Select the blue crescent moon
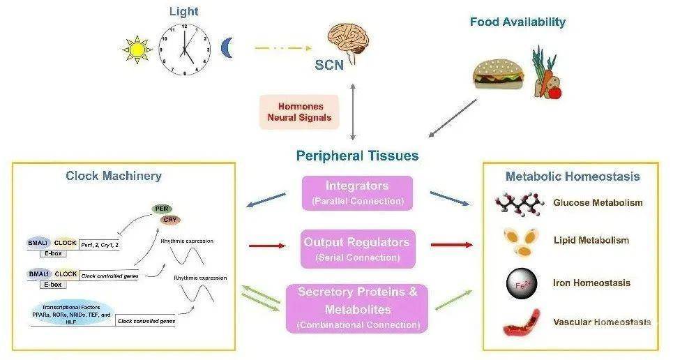tap(227, 48)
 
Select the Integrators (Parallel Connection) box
tap(358, 193)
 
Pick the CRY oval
tap(169, 220)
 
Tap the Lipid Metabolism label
tap(591, 241)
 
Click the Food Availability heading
tap(517, 22)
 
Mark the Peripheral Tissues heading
tap(357, 155)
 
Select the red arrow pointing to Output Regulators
tap(268, 246)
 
